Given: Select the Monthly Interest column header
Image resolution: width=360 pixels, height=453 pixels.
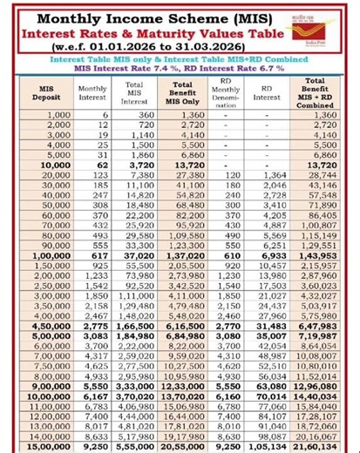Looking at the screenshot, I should pos(93,89).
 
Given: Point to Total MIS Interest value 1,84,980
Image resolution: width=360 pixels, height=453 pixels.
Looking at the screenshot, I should pos(135,335).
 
